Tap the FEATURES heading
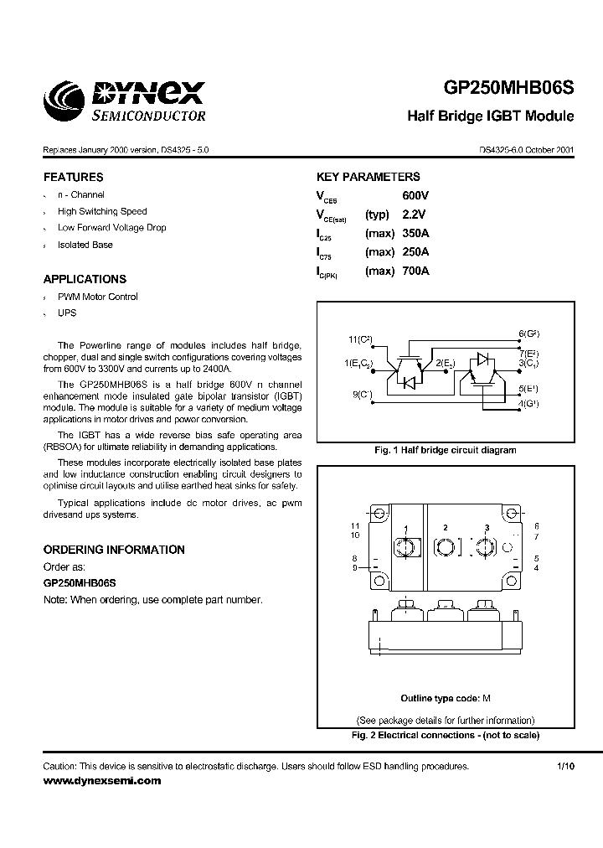pyautogui.click(x=74, y=178)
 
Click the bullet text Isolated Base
pyautogui.click(x=85, y=245)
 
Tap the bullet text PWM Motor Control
pyautogui.click(x=98, y=297)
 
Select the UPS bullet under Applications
pyautogui.click(x=67, y=313)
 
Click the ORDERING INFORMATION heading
pyautogui.click(x=114, y=550)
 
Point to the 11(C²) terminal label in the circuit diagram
pyautogui.click(x=360, y=339)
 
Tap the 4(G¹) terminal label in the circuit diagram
pyautogui.click(x=528, y=404)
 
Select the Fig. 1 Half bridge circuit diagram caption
pyautogui.click(x=445, y=450)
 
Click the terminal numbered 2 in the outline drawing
pyautogui.click(x=446, y=527)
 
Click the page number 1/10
pyautogui.click(x=565, y=767)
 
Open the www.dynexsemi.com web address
pyautogui.click(x=101, y=781)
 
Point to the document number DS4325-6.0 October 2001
pyautogui.click(x=527, y=149)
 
